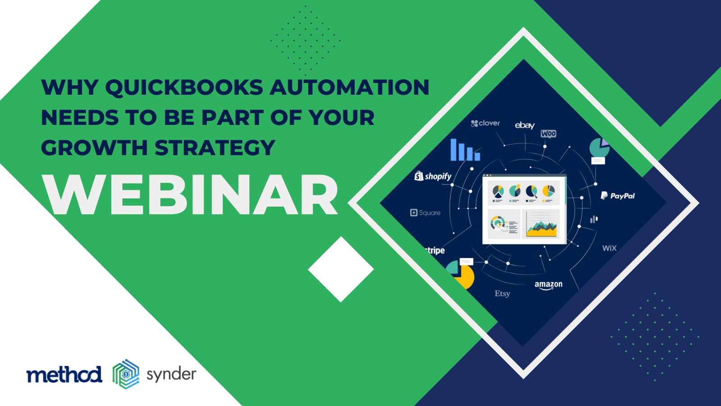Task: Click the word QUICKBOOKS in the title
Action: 184,88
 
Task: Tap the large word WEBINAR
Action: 190,195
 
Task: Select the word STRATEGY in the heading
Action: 215,148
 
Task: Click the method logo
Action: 64,374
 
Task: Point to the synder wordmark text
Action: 171,375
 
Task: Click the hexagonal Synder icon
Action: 126,374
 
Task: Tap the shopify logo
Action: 433,176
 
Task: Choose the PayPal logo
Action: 618,196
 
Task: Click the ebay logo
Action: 525,125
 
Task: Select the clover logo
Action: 485,123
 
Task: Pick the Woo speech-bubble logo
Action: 548,134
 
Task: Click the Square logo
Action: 425,212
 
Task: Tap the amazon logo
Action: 548,285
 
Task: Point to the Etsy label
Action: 502,294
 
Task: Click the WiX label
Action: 609,248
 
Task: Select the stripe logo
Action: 435,250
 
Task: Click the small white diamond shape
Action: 341,269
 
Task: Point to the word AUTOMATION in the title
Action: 350,88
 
